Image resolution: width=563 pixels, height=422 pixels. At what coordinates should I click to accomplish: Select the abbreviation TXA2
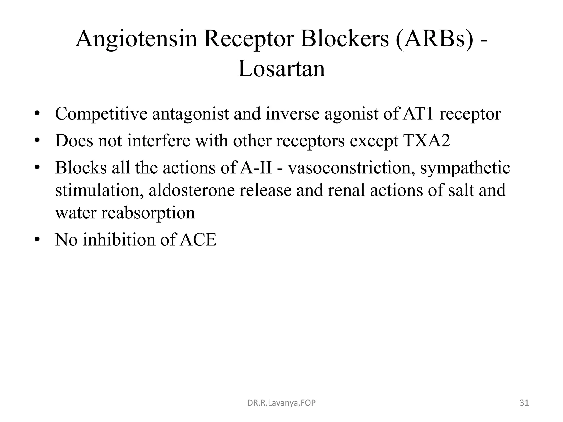pos(426,141)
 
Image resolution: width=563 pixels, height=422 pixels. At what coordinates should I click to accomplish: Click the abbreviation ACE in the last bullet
pos(199,240)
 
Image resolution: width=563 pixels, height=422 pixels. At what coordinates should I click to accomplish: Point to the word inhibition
pos(119,240)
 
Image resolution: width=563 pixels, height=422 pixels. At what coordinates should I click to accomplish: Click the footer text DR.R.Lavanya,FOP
pos(281,403)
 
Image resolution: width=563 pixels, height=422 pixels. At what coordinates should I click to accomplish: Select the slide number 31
pos(524,403)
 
